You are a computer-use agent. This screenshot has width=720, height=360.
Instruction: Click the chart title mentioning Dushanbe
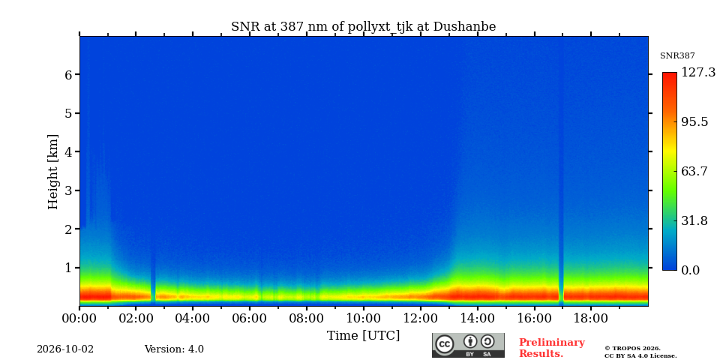[363, 27]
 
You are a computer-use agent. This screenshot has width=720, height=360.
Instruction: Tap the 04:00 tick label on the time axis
[193, 318]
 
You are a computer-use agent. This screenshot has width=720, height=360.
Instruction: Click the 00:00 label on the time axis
[79, 318]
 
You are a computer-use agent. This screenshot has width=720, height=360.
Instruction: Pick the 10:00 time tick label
[363, 318]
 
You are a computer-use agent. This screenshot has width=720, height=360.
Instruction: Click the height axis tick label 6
[68, 74]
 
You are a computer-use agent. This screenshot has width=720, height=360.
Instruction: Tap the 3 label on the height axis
[68, 190]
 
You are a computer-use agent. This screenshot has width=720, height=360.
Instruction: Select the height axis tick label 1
[68, 267]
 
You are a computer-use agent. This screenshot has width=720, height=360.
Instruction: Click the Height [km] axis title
[53, 172]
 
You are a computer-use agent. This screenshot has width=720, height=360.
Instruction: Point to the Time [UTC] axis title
[363, 336]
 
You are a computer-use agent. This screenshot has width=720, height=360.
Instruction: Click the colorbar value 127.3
[698, 73]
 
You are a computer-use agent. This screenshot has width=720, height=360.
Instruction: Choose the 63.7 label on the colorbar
[694, 172]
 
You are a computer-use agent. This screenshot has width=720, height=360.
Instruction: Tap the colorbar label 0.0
[690, 270]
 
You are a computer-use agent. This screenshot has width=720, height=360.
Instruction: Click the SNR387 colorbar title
[677, 55]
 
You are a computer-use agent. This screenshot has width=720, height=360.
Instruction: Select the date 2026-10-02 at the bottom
[65, 349]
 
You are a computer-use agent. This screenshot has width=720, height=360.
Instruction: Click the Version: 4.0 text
[174, 349]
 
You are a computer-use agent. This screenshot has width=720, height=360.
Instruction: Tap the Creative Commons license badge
[468, 345]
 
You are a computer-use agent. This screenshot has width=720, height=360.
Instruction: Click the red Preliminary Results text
[552, 348]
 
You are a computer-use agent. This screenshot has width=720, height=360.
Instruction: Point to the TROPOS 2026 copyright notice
[640, 352]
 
